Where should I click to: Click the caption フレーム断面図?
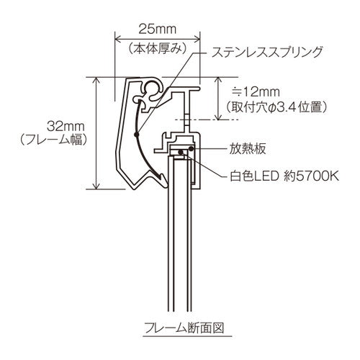180,325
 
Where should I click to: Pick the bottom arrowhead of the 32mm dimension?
97,186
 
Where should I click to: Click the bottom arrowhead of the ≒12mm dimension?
219,117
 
